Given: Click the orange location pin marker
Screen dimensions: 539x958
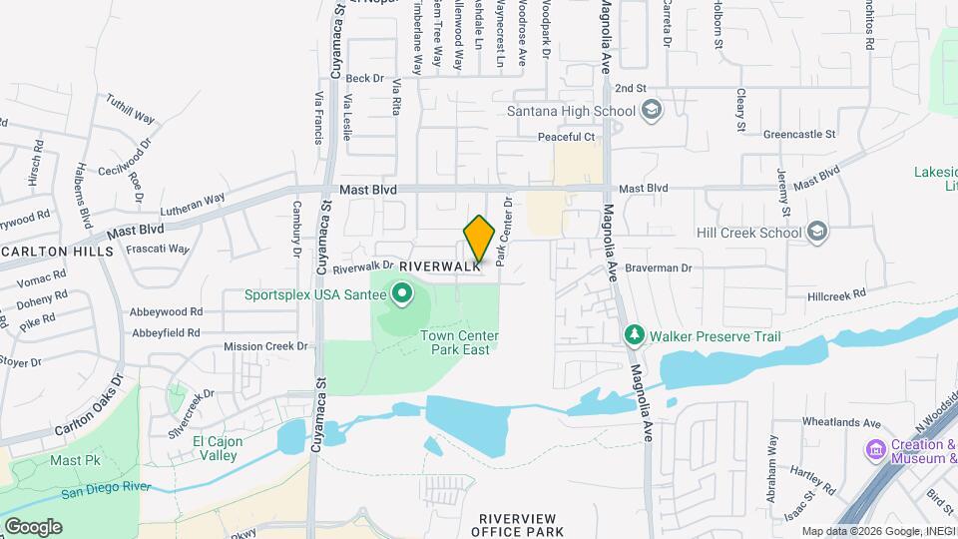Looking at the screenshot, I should [479, 240].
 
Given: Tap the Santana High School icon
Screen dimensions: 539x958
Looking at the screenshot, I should [652, 110].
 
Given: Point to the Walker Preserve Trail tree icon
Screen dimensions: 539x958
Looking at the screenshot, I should [632, 335].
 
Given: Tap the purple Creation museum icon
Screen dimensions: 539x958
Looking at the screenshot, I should [876, 450].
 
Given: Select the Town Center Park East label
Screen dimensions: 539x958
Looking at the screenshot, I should [459, 342].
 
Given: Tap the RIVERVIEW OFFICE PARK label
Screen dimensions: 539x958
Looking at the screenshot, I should [521, 525].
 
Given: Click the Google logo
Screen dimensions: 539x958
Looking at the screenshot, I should [33, 526].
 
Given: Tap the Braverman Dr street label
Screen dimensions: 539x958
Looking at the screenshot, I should [659, 268].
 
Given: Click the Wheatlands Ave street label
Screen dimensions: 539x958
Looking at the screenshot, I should [843, 422].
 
